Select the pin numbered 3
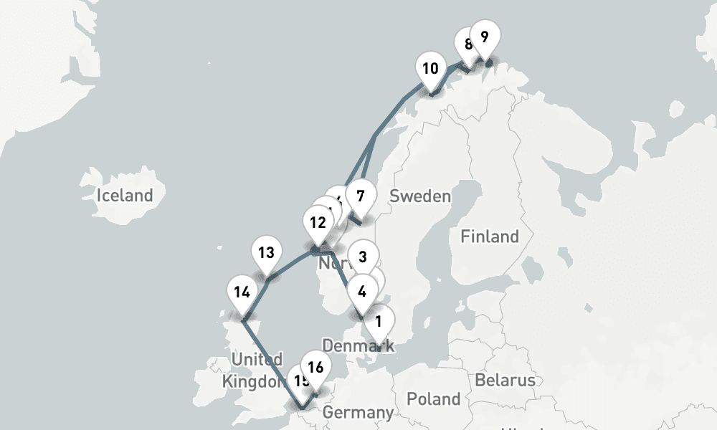click(x=363, y=256)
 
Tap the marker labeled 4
click(x=361, y=292)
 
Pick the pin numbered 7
click(x=361, y=196)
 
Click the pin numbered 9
click(x=485, y=37)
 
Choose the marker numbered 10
click(x=430, y=70)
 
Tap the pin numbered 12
click(x=317, y=222)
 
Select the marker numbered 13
click(x=266, y=253)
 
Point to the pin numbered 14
click(x=242, y=292)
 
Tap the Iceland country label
click(x=125, y=195)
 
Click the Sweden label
click(x=420, y=196)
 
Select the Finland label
click(x=490, y=236)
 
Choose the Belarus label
click(x=505, y=379)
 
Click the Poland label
click(x=433, y=398)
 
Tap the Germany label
click(x=358, y=413)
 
